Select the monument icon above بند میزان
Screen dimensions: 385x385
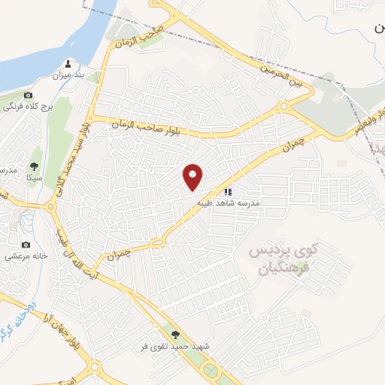(x=69, y=63)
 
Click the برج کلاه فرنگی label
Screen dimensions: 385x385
(x=27, y=108)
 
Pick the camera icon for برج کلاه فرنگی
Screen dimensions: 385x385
(x=28, y=95)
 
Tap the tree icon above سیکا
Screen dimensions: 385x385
(x=34, y=166)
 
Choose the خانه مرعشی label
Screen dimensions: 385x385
(x=26, y=256)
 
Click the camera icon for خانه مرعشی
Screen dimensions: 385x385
(x=26, y=244)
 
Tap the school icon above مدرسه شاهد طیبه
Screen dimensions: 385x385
(x=228, y=192)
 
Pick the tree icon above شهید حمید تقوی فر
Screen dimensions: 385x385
(x=176, y=335)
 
